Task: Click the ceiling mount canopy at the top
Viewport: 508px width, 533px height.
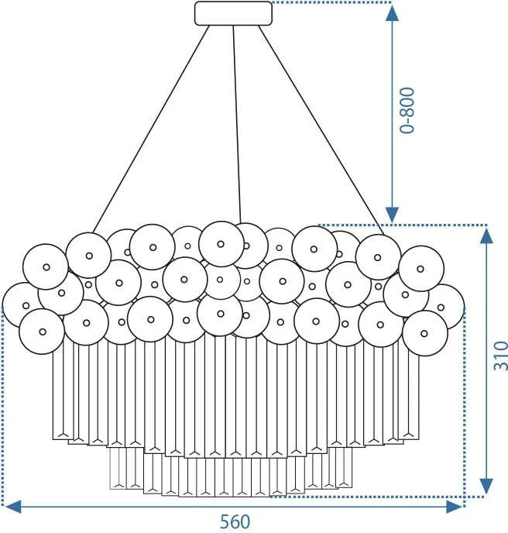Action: coord(233,13)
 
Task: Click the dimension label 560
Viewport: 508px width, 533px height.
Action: coord(235,521)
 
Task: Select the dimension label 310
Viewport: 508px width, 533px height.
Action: coord(500,356)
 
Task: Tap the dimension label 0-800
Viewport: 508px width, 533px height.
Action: coord(407,111)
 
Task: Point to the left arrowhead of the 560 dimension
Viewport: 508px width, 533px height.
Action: coord(14,507)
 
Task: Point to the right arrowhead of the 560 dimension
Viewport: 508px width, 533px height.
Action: coord(455,507)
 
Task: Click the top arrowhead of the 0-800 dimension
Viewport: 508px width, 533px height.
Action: coord(392,14)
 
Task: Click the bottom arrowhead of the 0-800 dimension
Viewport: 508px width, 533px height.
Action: coord(392,215)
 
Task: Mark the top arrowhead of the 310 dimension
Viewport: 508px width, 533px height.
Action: coord(486,236)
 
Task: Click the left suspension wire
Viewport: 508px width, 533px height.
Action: coord(151,129)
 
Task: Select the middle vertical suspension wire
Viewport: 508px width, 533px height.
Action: coord(237,125)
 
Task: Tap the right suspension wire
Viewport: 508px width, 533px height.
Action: coord(321,130)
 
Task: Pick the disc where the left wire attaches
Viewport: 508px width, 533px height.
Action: coord(89,256)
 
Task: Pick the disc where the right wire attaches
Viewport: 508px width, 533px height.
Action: coord(378,257)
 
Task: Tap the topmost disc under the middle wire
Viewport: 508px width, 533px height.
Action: coord(221,244)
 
